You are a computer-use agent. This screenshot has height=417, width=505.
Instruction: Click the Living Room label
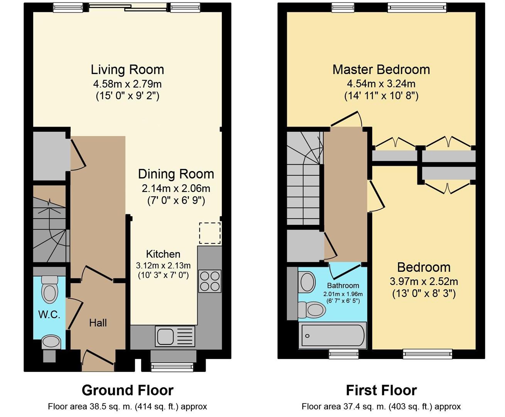(x=127, y=70)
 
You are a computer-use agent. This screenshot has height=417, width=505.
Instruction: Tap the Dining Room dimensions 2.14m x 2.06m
(x=176, y=189)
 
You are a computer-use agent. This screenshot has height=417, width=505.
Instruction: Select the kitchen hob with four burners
(x=210, y=281)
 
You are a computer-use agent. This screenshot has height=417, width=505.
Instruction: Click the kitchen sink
(x=175, y=336)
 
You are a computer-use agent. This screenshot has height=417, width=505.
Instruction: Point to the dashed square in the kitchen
(x=210, y=233)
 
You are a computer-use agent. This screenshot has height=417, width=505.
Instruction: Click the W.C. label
(x=49, y=315)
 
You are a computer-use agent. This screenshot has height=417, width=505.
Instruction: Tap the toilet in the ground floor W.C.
(x=49, y=289)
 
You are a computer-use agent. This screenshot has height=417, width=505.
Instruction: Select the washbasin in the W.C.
(x=51, y=341)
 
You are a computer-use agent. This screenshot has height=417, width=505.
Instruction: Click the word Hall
(x=98, y=323)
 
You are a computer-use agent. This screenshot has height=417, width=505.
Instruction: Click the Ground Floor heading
(x=127, y=390)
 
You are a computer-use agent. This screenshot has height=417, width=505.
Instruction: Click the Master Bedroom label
(x=381, y=70)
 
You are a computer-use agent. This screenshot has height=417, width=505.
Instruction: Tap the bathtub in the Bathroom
(x=333, y=335)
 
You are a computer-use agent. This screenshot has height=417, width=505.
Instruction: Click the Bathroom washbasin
(x=307, y=281)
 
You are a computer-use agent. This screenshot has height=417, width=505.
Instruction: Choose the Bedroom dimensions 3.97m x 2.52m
(x=424, y=281)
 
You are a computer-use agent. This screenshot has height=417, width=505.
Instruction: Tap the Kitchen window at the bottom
(x=172, y=367)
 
